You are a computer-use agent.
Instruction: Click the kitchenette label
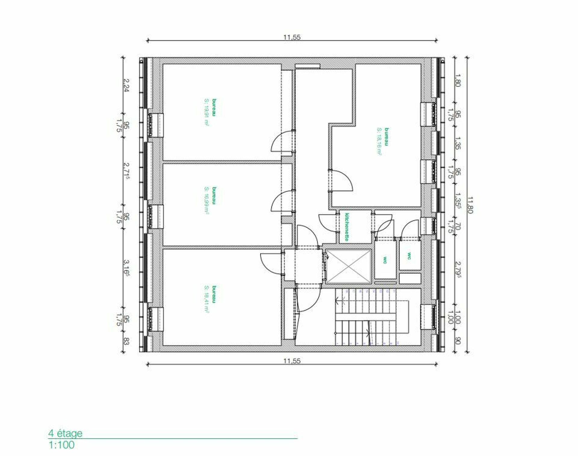(x=347, y=227)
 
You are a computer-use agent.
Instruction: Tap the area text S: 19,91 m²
(x=207, y=112)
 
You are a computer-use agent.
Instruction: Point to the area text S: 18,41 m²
(x=207, y=299)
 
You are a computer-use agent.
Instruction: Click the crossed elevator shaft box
(x=349, y=267)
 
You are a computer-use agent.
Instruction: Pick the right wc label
(x=409, y=256)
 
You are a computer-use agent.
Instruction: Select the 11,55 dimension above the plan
(x=292, y=37)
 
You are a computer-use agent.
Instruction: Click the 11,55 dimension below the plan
(x=292, y=361)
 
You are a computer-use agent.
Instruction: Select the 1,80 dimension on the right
(x=457, y=80)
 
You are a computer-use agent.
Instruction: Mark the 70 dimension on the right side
(x=457, y=226)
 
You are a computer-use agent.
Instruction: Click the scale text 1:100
(x=61, y=445)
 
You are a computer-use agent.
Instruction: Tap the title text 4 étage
(x=65, y=433)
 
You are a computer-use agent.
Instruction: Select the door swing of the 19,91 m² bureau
(x=282, y=141)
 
